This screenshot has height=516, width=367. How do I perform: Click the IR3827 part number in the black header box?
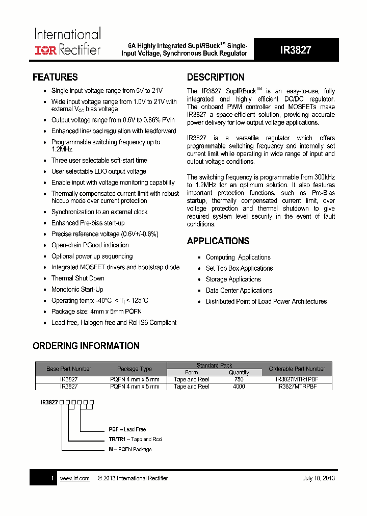[x=296, y=50]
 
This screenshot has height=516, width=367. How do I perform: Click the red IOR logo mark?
[x=45, y=50]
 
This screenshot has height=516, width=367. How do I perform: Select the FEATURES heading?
[x=55, y=78]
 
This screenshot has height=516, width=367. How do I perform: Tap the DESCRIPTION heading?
[x=216, y=78]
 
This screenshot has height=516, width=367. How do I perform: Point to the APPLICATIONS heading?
[x=218, y=241]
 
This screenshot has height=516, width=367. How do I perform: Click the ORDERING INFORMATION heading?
[x=86, y=346]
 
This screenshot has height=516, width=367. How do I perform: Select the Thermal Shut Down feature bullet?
[x=77, y=278]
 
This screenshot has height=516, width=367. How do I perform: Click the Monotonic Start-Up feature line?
[x=77, y=290]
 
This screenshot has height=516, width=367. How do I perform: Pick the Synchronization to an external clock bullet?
[x=99, y=212]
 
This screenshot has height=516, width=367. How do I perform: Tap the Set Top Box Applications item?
[x=239, y=269]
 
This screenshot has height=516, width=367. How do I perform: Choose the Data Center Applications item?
[x=239, y=291]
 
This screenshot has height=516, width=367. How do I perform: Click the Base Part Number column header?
[x=69, y=369]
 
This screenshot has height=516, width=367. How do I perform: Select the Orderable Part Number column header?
[x=297, y=369]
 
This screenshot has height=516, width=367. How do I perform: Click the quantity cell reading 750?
[x=239, y=380]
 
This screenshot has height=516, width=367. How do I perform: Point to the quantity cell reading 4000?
[x=239, y=386]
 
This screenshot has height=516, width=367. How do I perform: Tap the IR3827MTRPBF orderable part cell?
[x=297, y=386]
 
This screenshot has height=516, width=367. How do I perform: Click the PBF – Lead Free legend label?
[x=127, y=429]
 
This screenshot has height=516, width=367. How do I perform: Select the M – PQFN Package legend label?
[x=130, y=449]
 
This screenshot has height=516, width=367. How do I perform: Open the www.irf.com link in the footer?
[x=74, y=478]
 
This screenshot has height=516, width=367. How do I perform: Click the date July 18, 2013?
[x=319, y=478]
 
